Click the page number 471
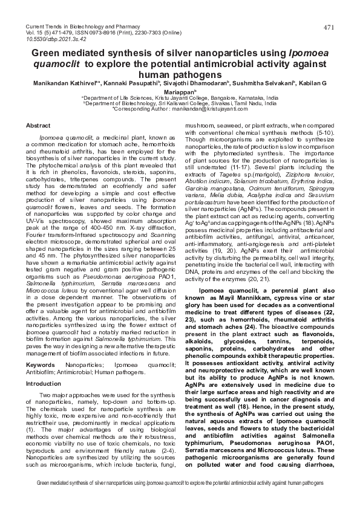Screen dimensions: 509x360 coord(329,28)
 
